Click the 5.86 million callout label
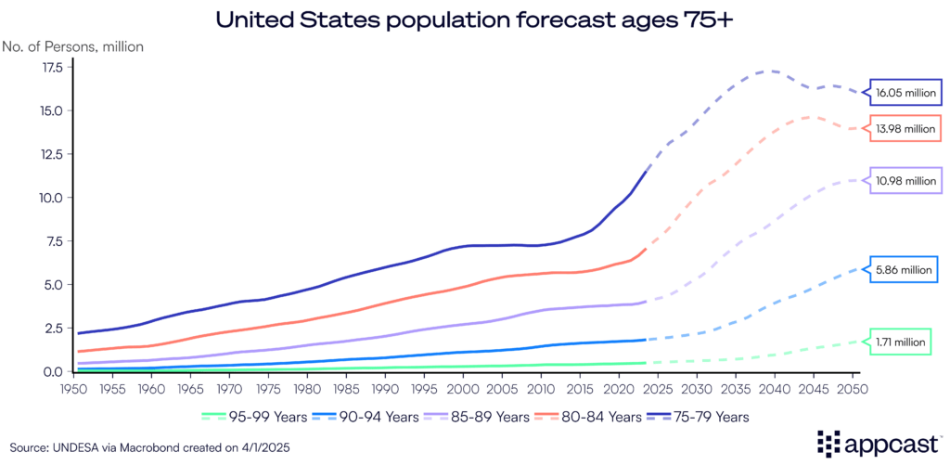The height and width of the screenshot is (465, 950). [904, 269]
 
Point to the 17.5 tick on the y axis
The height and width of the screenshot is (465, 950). [51, 68]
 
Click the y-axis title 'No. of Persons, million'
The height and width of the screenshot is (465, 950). [74, 45]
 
